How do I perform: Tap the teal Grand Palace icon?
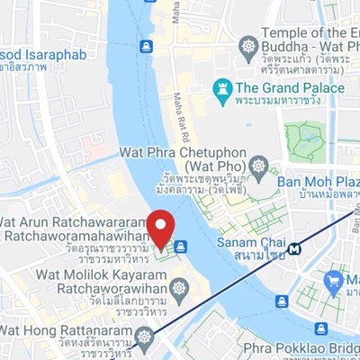coord(220,88)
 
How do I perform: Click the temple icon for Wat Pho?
coord(259,166)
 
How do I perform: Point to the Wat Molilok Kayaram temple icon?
coord(179,289)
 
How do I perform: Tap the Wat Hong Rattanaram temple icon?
coord(144,337)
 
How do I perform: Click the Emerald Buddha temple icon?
coord(248,45)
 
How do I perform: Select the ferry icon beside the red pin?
coord(181,246)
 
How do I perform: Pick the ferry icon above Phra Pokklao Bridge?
coord(321,328)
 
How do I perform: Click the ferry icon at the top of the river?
coord(146,45)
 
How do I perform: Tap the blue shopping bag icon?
coord(332,282)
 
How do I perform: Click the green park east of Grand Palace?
coord(307,140)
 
